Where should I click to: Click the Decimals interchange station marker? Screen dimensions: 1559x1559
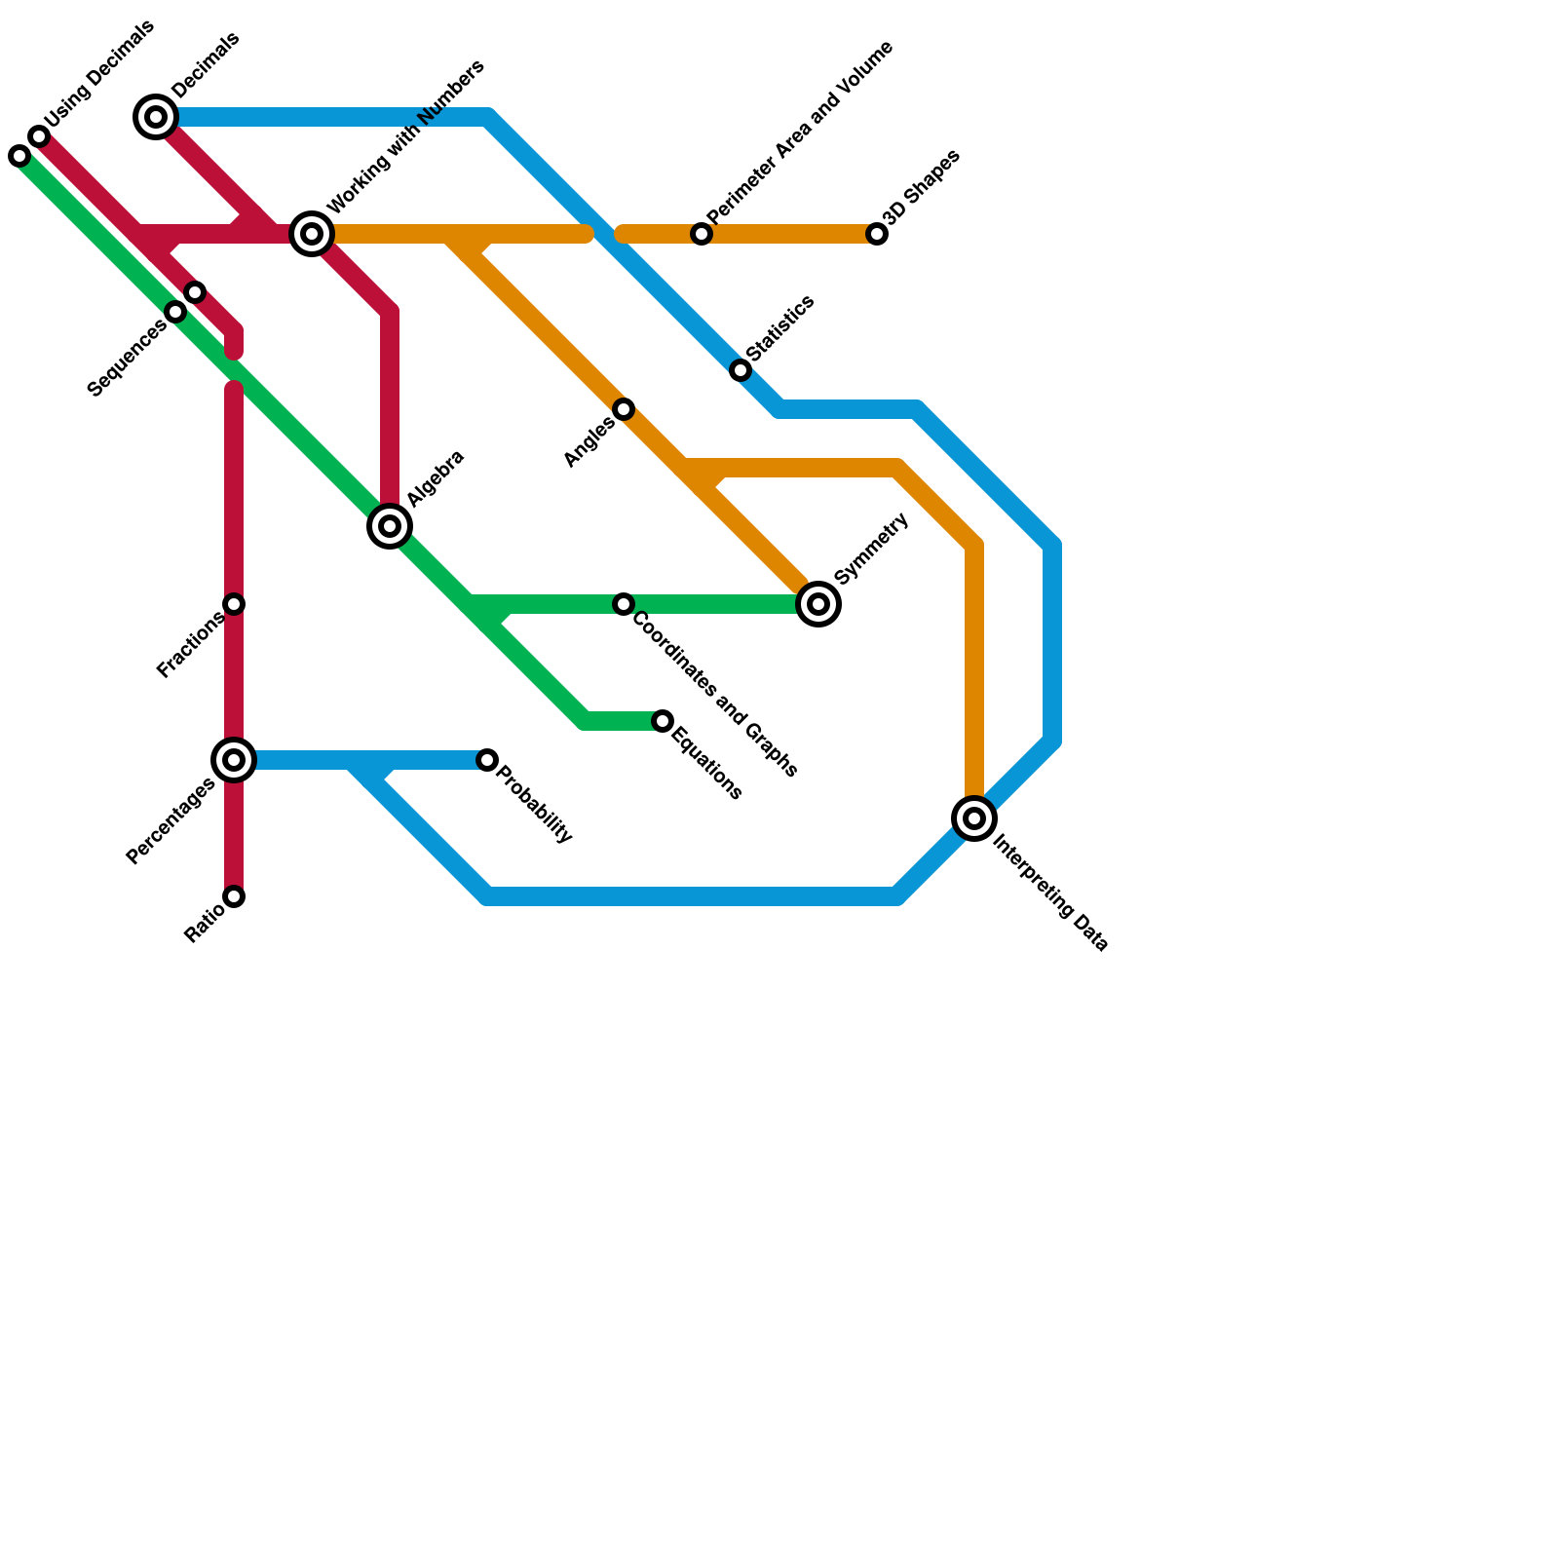pyautogui.click(x=156, y=118)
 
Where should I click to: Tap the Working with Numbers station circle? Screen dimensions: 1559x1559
pyautogui.click(x=312, y=234)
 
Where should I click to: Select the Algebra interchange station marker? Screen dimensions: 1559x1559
pyautogui.click(x=390, y=526)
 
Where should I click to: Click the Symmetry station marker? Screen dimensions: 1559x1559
pyautogui.click(x=818, y=604)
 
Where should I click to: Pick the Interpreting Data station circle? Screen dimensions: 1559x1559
pyautogui.click(x=974, y=818)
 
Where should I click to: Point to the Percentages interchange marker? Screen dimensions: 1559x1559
pyautogui.click(x=234, y=760)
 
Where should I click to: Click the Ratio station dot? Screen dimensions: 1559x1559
pyautogui.click(x=234, y=896)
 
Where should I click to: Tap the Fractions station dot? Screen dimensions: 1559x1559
pyautogui.click(x=234, y=604)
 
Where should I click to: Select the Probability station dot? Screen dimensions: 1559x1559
pyautogui.click(x=487, y=760)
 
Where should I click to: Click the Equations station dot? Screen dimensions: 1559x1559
pyautogui.click(x=663, y=721)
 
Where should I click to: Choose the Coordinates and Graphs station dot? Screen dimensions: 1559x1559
pyautogui.click(x=624, y=604)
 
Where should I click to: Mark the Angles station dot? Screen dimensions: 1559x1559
pyautogui.click(x=624, y=409)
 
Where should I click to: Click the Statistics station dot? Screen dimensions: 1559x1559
pyautogui.click(x=741, y=370)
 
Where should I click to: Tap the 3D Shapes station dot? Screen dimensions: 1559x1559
pyautogui.click(x=877, y=234)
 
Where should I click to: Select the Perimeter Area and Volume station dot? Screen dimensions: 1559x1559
pyautogui.click(x=702, y=234)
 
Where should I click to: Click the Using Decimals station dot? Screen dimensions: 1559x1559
pyautogui.click(x=39, y=136)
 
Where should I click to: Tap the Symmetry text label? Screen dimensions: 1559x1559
pyautogui.click(x=871, y=550)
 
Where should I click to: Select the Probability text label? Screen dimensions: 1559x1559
pyautogui.click(x=534, y=805)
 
